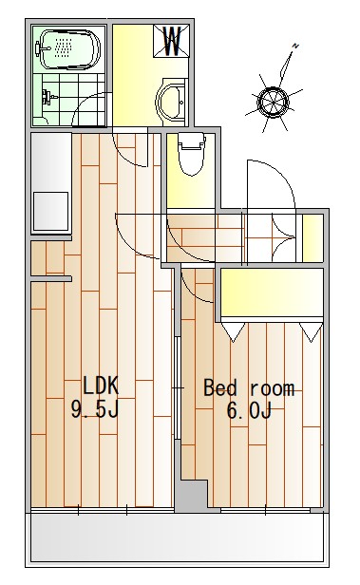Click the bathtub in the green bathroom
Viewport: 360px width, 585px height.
click(x=68, y=49)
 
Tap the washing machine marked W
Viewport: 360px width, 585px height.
click(x=172, y=41)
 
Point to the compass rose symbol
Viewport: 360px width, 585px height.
click(x=274, y=102)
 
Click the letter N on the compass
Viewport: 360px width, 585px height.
click(x=295, y=46)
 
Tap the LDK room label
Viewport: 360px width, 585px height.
click(x=100, y=386)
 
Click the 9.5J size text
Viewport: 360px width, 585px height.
click(x=95, y=409)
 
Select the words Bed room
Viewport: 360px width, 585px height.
click(x=249, y=388)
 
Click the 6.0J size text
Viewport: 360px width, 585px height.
click(x=249, y=411)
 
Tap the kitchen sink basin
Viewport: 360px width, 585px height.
click(x=51, y=211)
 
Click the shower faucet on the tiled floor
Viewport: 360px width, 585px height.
click(x=48, y=98)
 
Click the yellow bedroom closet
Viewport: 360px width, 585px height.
click(x=272, y=292)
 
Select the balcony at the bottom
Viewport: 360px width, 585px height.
click(x=178, y=537)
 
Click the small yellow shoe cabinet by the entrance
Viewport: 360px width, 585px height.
click(x=313, y=238)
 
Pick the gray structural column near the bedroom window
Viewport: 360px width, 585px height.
click(x=191, y=496)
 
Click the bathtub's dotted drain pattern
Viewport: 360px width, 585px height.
click(x=63, y=47)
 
